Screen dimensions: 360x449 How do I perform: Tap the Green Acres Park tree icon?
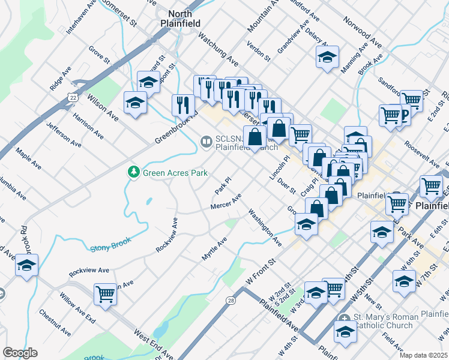coord(133,173)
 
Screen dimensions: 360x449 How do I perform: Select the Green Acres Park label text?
coord(175,173)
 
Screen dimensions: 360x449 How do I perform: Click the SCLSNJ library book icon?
coord(206,142)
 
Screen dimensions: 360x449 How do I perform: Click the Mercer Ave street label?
coord(226,202)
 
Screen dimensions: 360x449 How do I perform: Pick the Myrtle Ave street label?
coord(214,248)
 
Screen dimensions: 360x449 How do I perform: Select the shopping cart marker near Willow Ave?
coord(106,294)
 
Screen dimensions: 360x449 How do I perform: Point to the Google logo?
coord(20,353)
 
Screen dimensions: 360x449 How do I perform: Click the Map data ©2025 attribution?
coord(424,355)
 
